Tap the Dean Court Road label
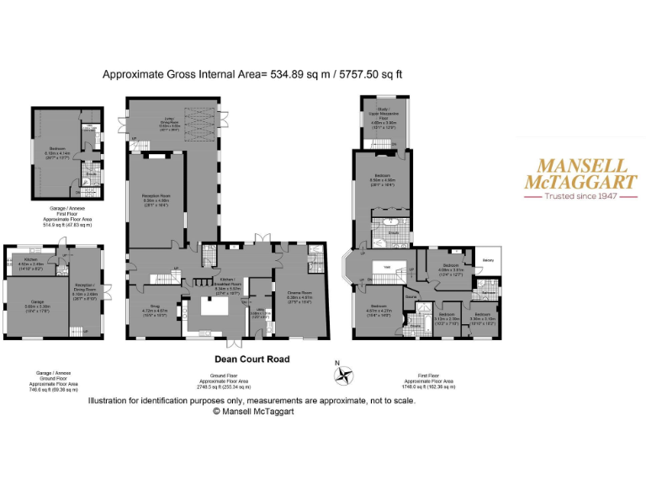point(252,359)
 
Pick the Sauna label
point(412,296)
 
